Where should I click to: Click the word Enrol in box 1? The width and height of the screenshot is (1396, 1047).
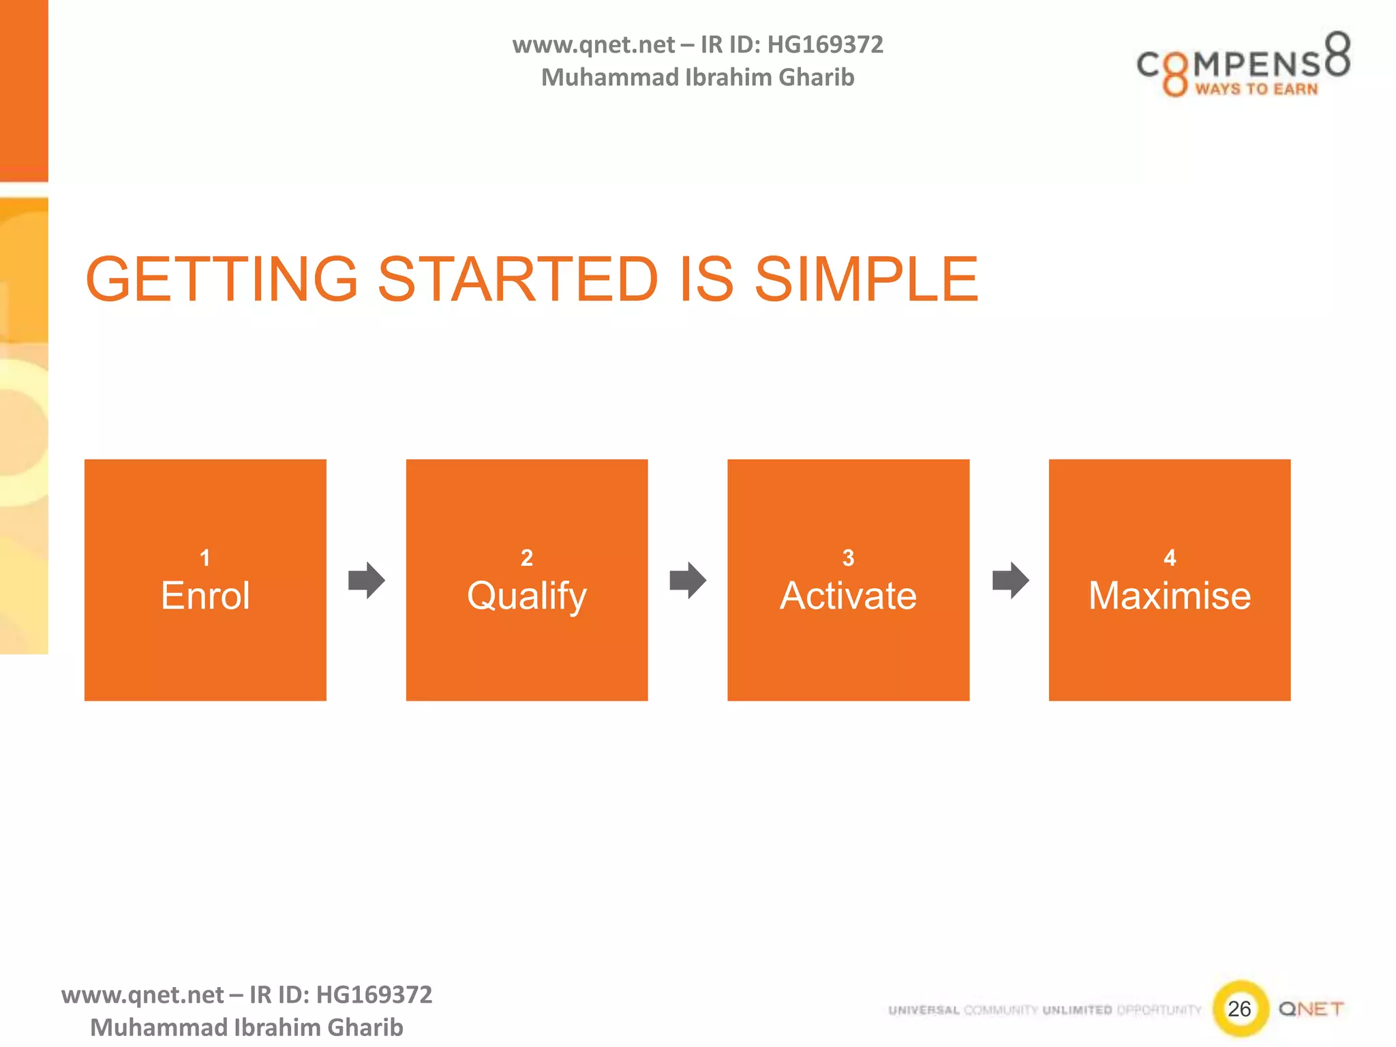[x=205, y=595]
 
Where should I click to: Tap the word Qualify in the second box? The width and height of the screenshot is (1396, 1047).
[x=526, y=596]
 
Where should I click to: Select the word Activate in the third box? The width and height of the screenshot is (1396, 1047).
[x=848, y=595]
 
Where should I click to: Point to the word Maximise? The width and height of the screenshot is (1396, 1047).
[x=1169, y=595]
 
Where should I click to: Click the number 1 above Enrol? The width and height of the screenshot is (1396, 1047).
[x=204, y=558]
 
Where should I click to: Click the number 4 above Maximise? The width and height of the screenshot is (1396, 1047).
[x=1170, y=558]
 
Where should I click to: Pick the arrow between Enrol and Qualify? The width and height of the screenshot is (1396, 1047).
[x=367, y=580]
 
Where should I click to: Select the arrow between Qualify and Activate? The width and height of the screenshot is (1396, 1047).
[x=688, y=580]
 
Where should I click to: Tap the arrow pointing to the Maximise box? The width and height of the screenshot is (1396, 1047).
[x=1010, y=580]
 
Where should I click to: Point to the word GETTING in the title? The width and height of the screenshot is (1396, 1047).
[x=222, y=279]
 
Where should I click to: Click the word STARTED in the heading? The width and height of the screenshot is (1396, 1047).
[x=517, y=279]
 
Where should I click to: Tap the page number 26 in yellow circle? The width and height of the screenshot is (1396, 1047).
[x=1239, y=1008]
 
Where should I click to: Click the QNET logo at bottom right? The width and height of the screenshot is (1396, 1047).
[x=1311, y=1008]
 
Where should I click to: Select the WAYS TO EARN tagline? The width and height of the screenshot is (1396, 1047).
[x=1256, y=89]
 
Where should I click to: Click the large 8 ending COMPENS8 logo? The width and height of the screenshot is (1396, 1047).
[x=1337, y=55]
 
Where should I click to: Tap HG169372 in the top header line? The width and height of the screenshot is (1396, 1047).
[x=825, y=44]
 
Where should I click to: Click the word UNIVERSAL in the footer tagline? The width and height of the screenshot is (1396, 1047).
[x=924, y=1010]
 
